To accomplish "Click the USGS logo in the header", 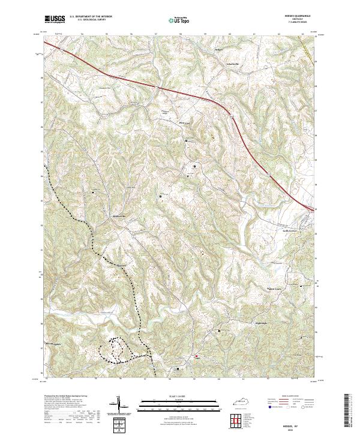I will click(x=55, y=19).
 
